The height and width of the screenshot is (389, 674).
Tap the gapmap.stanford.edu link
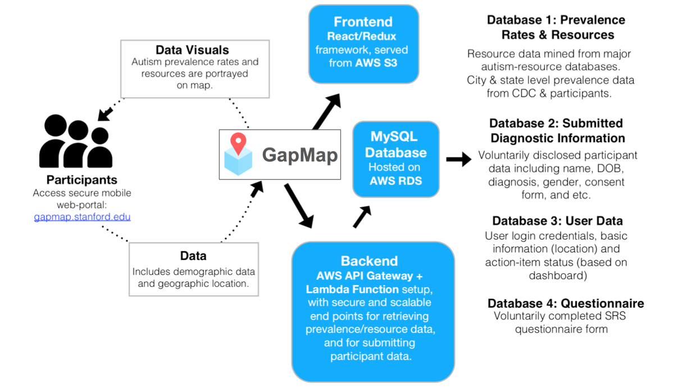82,217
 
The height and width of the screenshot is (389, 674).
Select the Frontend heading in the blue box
363,22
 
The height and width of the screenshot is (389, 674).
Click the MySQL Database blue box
395,159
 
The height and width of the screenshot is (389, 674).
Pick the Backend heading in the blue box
369,261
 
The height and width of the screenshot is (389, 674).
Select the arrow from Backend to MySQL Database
362,216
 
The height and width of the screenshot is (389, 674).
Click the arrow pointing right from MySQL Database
458,159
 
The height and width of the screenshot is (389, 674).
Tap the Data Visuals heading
192,50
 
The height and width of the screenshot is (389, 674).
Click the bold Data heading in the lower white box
193,256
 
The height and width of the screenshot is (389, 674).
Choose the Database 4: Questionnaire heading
565,304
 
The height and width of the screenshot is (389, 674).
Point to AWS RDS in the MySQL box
395,181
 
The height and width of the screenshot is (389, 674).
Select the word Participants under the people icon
81,180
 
